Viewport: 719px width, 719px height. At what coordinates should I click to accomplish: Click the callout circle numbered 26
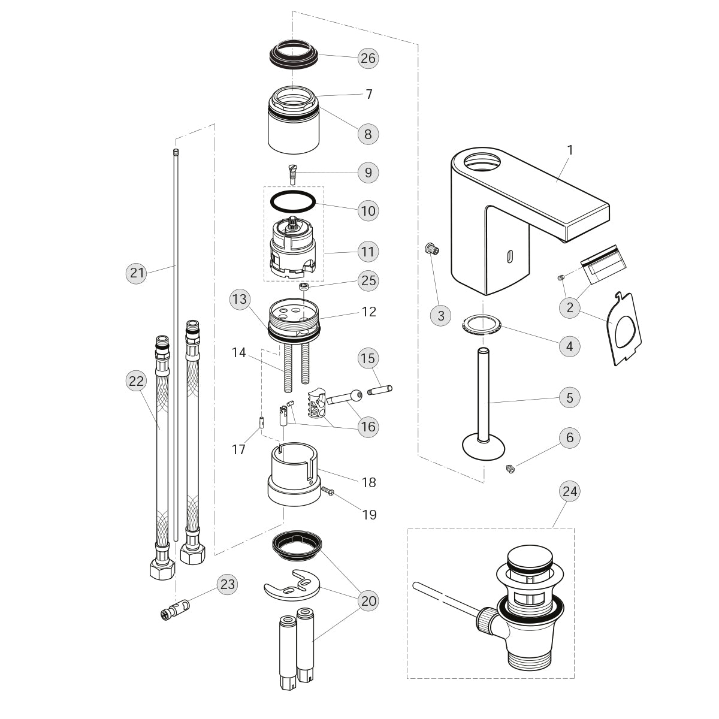[x=368, y=58]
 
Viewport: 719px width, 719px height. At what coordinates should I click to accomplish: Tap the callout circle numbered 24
[x=570, y=491]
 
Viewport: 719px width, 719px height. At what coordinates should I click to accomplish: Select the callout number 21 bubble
[x=138, y=273]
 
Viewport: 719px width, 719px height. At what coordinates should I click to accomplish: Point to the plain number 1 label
[x=570, y=150]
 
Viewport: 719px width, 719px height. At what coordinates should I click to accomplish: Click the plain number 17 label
[x=238, y=449]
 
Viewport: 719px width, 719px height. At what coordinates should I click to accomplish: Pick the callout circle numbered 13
[x=240, y=300]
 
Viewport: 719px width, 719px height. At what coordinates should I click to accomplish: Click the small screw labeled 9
[x=292, y=175]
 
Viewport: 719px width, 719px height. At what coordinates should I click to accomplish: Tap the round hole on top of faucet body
[x=483, y=161]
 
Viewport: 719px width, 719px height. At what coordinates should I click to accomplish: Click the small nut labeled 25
[x=304, y=286]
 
